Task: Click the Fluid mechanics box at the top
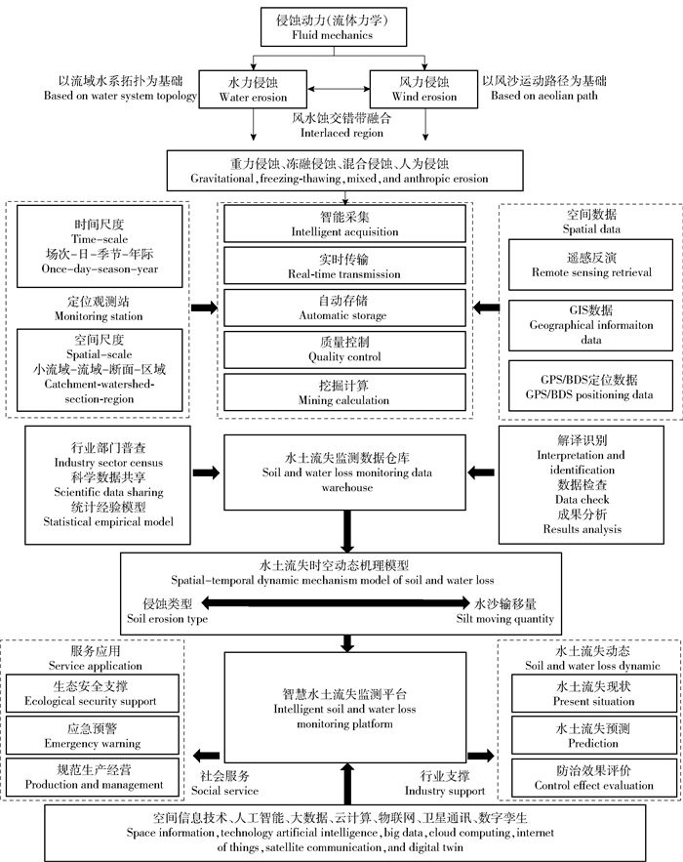point(341,26)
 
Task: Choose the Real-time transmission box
point(343,267)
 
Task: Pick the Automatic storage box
point(343,308)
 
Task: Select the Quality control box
point(343,349)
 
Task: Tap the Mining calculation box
point(343,392)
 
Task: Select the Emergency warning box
point(94,735)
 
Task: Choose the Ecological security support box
point(94,693)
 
